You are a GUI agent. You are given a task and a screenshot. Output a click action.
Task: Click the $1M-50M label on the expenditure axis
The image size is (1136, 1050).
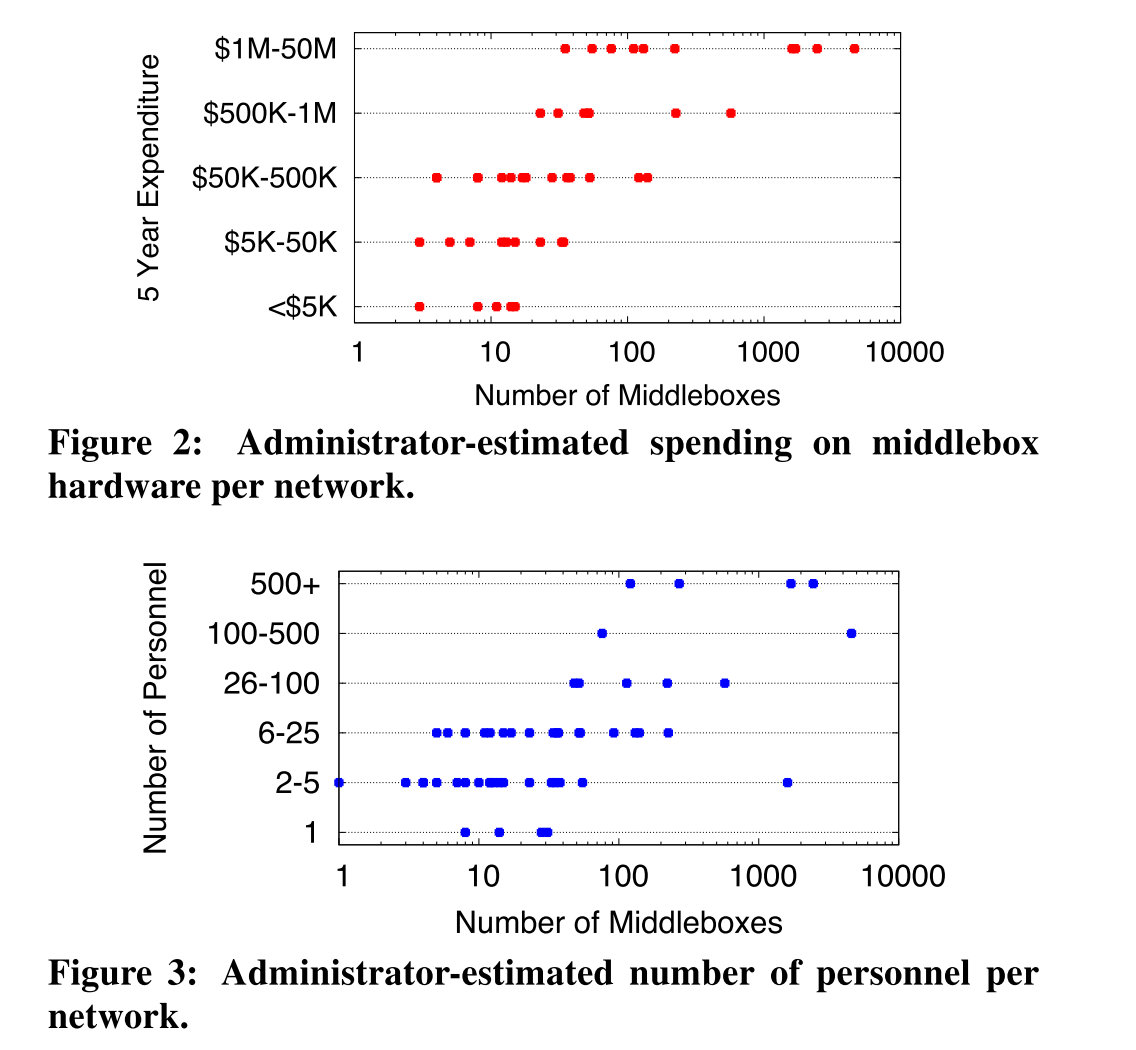point(275,48)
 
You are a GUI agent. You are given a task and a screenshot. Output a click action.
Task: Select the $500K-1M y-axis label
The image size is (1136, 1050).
point(269,113)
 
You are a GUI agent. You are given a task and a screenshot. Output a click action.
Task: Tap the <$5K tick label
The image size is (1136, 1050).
point(303,307)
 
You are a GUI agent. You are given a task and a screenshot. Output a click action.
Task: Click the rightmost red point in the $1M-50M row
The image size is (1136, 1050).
point(854,48)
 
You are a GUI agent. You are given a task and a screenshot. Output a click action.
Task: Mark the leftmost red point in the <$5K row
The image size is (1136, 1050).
point(419,306)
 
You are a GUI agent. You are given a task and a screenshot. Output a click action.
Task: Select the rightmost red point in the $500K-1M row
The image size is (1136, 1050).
point(731,113)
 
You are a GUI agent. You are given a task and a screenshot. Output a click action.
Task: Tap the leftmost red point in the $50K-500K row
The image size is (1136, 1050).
point(437,177)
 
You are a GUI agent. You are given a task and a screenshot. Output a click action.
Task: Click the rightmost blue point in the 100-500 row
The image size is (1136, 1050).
point(851,633)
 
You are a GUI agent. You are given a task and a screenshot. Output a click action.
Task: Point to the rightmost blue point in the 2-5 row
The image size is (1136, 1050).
point(787,782)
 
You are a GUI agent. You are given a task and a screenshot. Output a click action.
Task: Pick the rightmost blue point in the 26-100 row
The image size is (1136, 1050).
point(724,683)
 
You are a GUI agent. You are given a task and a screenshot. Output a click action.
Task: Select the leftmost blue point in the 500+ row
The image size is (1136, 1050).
point(630,584)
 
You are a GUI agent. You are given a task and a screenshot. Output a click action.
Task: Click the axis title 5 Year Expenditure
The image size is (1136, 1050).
point(150,178)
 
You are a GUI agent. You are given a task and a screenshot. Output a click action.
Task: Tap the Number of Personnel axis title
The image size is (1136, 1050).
point(154,708)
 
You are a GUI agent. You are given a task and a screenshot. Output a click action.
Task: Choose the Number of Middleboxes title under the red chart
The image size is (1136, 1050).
point(627,395)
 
